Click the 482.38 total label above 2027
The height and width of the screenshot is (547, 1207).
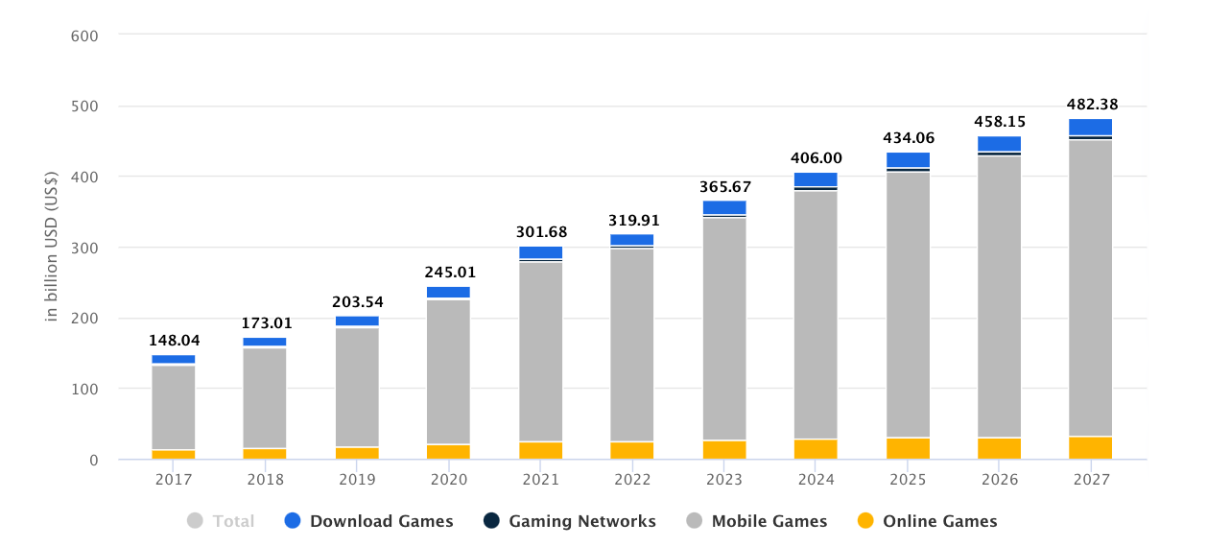(1092, 105)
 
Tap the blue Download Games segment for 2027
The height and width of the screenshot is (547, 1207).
(1090, 127)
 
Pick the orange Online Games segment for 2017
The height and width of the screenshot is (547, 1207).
(174, 454)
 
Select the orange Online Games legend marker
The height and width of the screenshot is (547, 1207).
(865, 521)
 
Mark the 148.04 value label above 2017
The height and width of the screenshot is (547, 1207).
(174, 341)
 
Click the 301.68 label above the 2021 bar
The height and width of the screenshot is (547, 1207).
(541, 232)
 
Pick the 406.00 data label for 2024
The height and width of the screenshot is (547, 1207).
(816, 158)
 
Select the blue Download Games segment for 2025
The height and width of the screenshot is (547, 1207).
(908, 159)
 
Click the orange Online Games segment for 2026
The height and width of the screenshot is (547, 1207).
(999, 448)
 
